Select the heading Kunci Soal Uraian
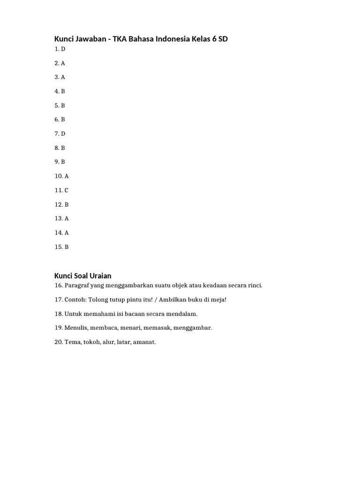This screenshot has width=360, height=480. [82, 276]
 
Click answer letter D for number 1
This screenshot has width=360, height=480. [63, 49]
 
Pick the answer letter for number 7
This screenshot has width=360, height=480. [63, 134]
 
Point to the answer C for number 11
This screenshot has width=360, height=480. [66, 190]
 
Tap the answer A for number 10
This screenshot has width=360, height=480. [67, 176]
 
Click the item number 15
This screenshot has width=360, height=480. [58, 247]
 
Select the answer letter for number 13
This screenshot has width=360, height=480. [67, 218]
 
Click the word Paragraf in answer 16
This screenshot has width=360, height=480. [77, 285]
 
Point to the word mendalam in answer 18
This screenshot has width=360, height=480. [184, 314]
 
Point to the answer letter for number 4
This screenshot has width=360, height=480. [63, 91]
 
